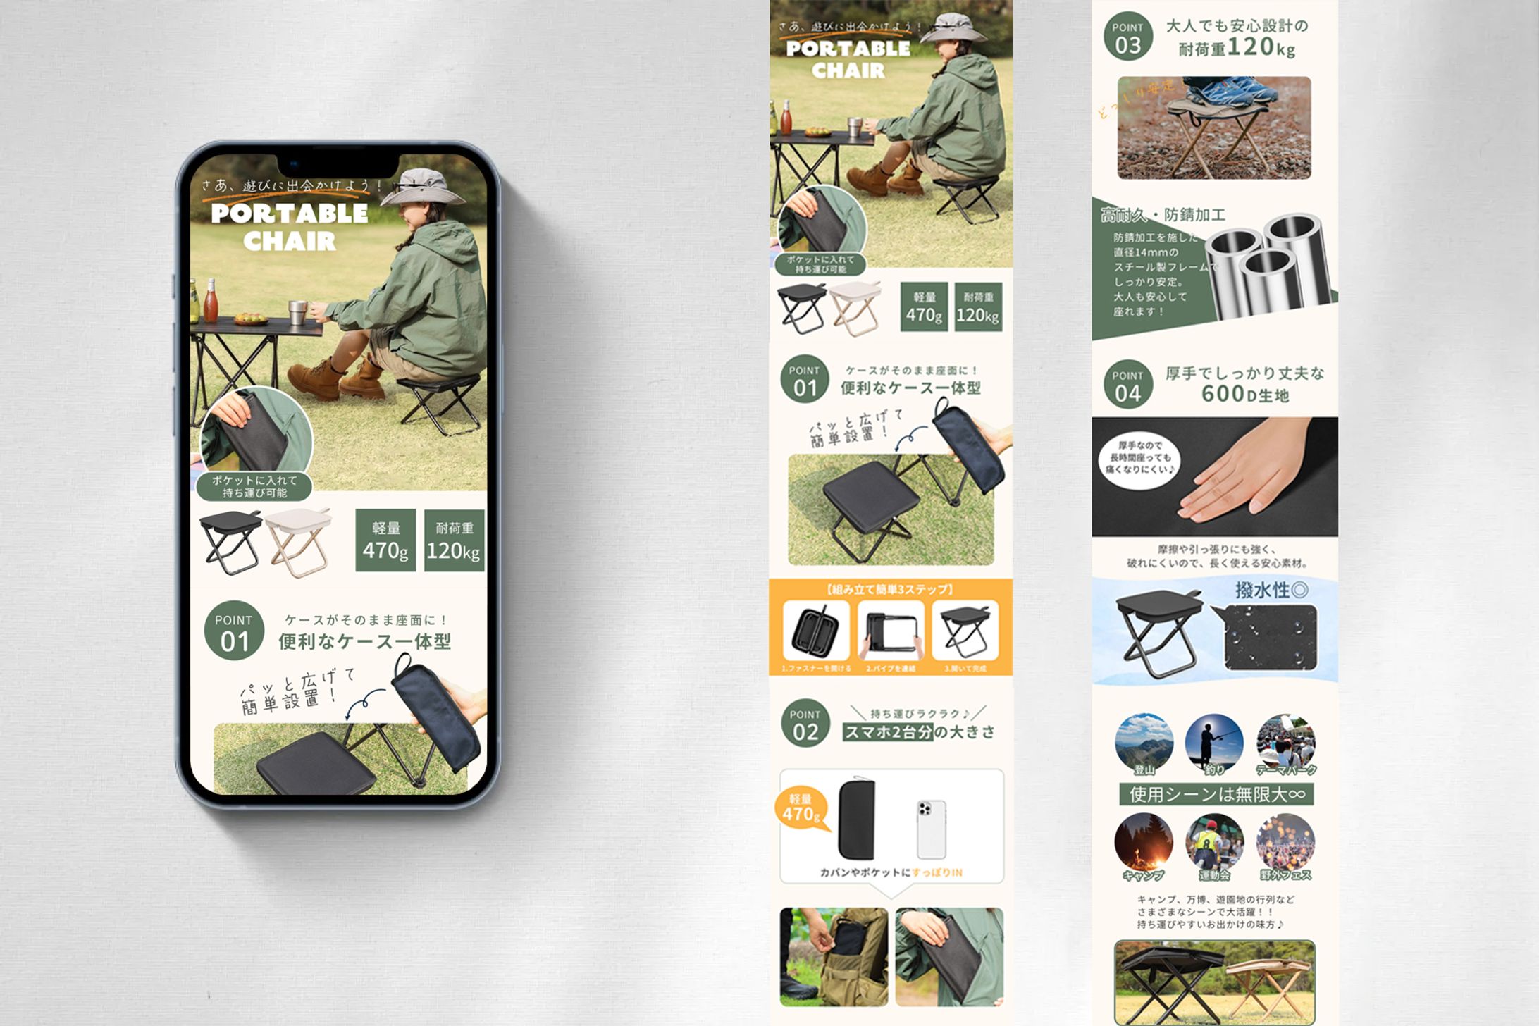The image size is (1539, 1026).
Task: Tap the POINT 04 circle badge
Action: point(1127,385)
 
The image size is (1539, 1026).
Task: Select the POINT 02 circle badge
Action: point(805,724)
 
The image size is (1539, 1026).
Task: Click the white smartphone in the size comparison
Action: point(931,829)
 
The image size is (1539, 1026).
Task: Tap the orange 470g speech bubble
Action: point(801,808)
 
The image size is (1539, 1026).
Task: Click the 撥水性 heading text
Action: point(1271,590)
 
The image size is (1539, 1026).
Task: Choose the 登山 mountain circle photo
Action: point(1144,743)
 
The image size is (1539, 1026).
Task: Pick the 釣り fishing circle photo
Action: point(1213,743)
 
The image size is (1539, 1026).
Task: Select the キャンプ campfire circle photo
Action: point(1143,843)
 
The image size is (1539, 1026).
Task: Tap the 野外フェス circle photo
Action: point(1285,843)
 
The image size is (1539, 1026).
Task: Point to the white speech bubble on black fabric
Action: point(1139,458)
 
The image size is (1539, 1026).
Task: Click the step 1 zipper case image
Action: point(815,629)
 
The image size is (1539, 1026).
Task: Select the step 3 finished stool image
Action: point(965,629)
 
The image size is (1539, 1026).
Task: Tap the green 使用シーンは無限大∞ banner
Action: point(1216,794)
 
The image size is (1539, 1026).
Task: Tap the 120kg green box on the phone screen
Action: point(454,540)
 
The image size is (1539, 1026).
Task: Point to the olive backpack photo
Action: point(834,956)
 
